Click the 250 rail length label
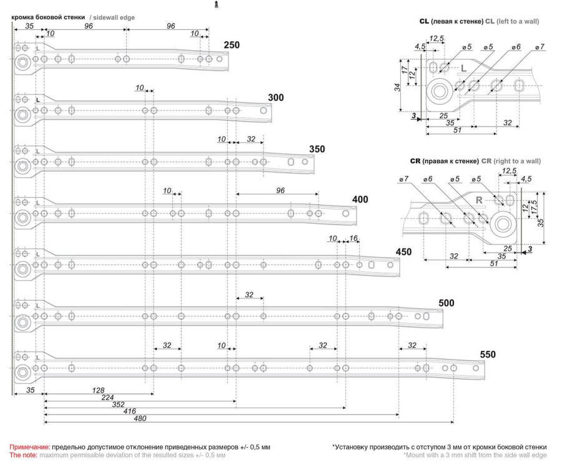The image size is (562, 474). [x=232, y=45]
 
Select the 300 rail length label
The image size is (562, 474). [x=275, y=98]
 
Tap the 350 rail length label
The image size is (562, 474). [x=317, y=149]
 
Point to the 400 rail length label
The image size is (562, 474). [x=360, y=199]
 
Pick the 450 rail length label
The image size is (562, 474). [x=403, y=251]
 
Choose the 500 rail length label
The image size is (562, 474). [x=446, y=303]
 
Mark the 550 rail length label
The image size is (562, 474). [x=488, y=354]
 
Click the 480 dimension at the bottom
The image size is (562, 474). [x=140, y=418]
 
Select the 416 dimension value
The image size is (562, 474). [x=130, y=411]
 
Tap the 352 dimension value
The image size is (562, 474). [x=118, y=405]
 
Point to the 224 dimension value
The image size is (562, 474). [x=107, y=397]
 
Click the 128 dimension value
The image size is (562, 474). [x=98, y=390]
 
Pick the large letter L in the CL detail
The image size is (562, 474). [x=464, y=69]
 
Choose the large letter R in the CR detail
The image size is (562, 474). [x=479, y=200]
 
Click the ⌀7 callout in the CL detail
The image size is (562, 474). [x=540, y=47]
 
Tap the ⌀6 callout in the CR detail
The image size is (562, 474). [x=428, y=179]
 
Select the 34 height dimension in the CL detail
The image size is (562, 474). [x=398, y=87]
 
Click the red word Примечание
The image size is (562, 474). [x=30, y=447]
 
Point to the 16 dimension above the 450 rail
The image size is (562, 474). [x=353, y=238]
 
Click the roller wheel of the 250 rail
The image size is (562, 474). [x=22, y=63]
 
